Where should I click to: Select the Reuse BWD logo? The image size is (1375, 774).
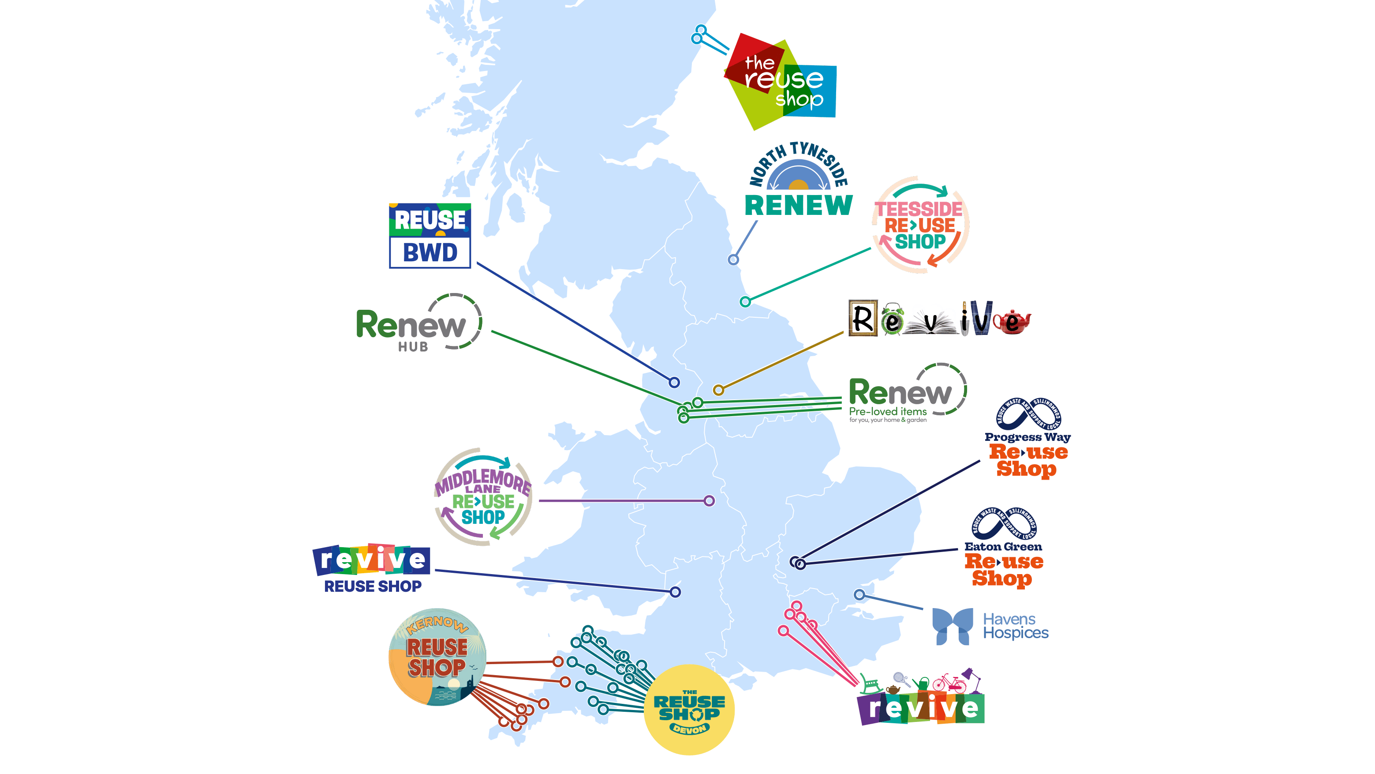pos(430,235)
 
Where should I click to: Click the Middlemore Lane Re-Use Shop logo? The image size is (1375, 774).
pos(483,497)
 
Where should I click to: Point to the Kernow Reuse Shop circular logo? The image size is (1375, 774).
pos(437,657)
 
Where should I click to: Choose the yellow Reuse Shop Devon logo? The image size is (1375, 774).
pos(689,710)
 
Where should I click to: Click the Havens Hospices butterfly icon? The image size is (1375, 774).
pos(952,626)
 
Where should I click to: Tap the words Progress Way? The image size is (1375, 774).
pos(1028,437)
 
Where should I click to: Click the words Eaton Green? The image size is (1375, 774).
pos(1003,546)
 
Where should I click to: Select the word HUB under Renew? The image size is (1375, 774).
pos(413,347)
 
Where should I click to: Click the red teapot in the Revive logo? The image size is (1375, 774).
pos(1012,322)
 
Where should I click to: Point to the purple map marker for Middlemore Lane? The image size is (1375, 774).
pos(709,500)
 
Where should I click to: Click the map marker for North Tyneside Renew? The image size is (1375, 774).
pos(733,259)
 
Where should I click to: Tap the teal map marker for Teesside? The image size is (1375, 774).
pos(745,302)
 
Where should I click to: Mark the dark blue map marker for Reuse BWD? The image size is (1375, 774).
pos(674,383)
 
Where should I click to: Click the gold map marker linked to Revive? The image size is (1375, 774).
pos(718,390)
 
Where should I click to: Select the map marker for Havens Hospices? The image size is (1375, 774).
pos(859,594)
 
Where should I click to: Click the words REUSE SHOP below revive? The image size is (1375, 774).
pos(373,586)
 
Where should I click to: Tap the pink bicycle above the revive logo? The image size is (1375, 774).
pos(949,683)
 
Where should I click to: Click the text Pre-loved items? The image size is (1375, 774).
pos(888,411)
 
